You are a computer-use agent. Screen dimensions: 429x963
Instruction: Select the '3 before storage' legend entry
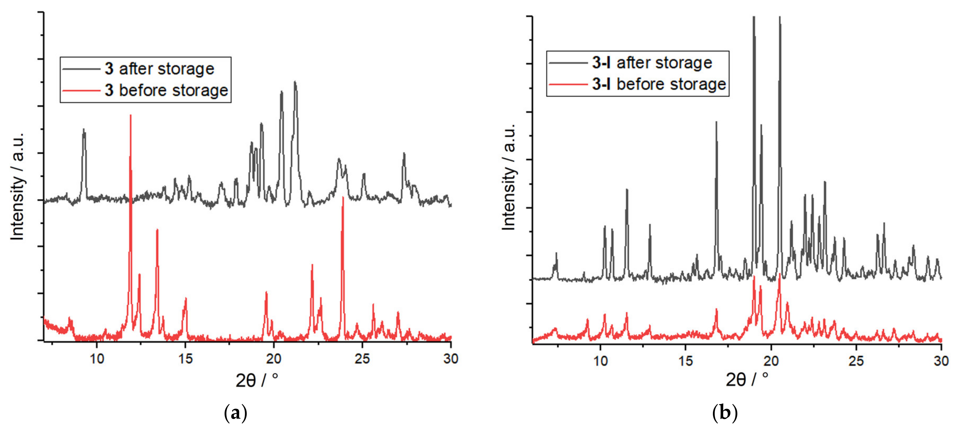point(166,90)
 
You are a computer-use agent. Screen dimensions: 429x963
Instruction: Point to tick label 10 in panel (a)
point(97,359)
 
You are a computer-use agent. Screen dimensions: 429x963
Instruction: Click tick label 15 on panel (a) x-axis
point(185,359)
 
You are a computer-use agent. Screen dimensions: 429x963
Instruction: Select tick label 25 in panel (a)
point(362,359)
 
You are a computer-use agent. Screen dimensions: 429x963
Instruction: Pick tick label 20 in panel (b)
point(771,361)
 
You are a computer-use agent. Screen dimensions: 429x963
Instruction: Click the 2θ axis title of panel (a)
point(257,380)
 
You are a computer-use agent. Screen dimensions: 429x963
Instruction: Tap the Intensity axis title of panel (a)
point(17,186)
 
